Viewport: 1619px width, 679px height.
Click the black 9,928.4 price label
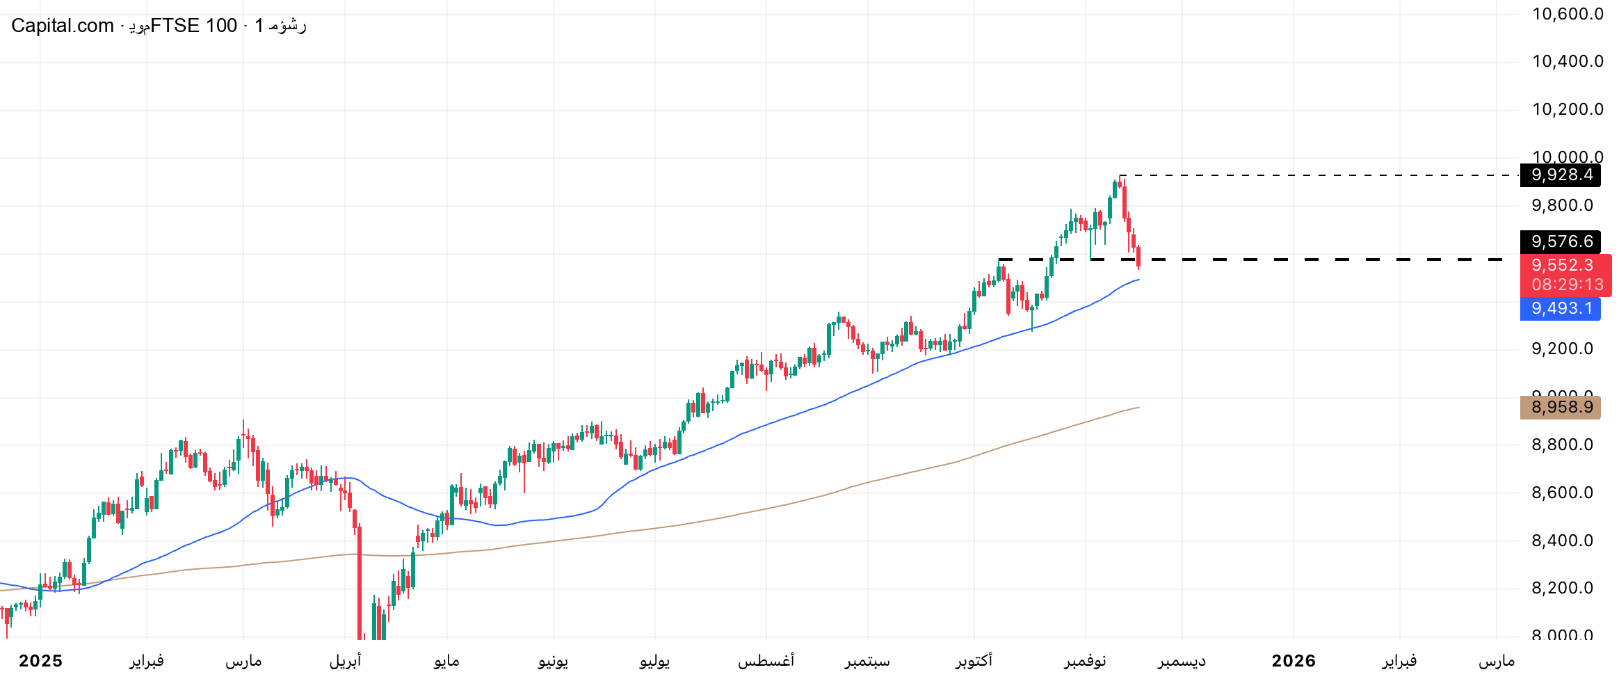[x=1561, y=175]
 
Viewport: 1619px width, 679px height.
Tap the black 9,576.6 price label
[x=1561, y=241]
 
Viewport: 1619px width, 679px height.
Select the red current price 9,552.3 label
[x=1562, y=265]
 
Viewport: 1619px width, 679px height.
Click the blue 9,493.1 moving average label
[x=1561, y=308]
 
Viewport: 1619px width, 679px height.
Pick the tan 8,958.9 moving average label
[x=1561, y=407]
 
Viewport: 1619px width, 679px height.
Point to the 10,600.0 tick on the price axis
[x=1568, y=14]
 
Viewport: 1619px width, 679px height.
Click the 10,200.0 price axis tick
[x=1568, y=109]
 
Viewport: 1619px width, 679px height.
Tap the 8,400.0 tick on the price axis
[x=1562, y=541]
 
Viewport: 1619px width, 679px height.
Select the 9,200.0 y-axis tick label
[x=1562, y=349]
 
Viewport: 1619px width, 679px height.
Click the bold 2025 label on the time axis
[x=40, y=661]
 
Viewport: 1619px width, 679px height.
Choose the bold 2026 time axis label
[x=1294, y=661]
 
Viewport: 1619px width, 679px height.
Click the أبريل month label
[x=345, y=661]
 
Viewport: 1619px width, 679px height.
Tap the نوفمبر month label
[x=1085, y=661]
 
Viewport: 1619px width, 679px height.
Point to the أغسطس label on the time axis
[x=766, y=661]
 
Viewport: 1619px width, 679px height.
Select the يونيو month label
[x=553, y=661]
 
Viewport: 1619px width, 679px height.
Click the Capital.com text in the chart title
[x=62, y=26]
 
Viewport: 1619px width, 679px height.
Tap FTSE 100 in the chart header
[x=193, y=26]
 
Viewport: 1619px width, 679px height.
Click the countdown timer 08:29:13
[x=1568, y=285]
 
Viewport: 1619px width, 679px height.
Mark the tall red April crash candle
[x=360, y=584]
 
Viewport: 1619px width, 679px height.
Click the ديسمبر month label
[x=1182, y=661]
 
